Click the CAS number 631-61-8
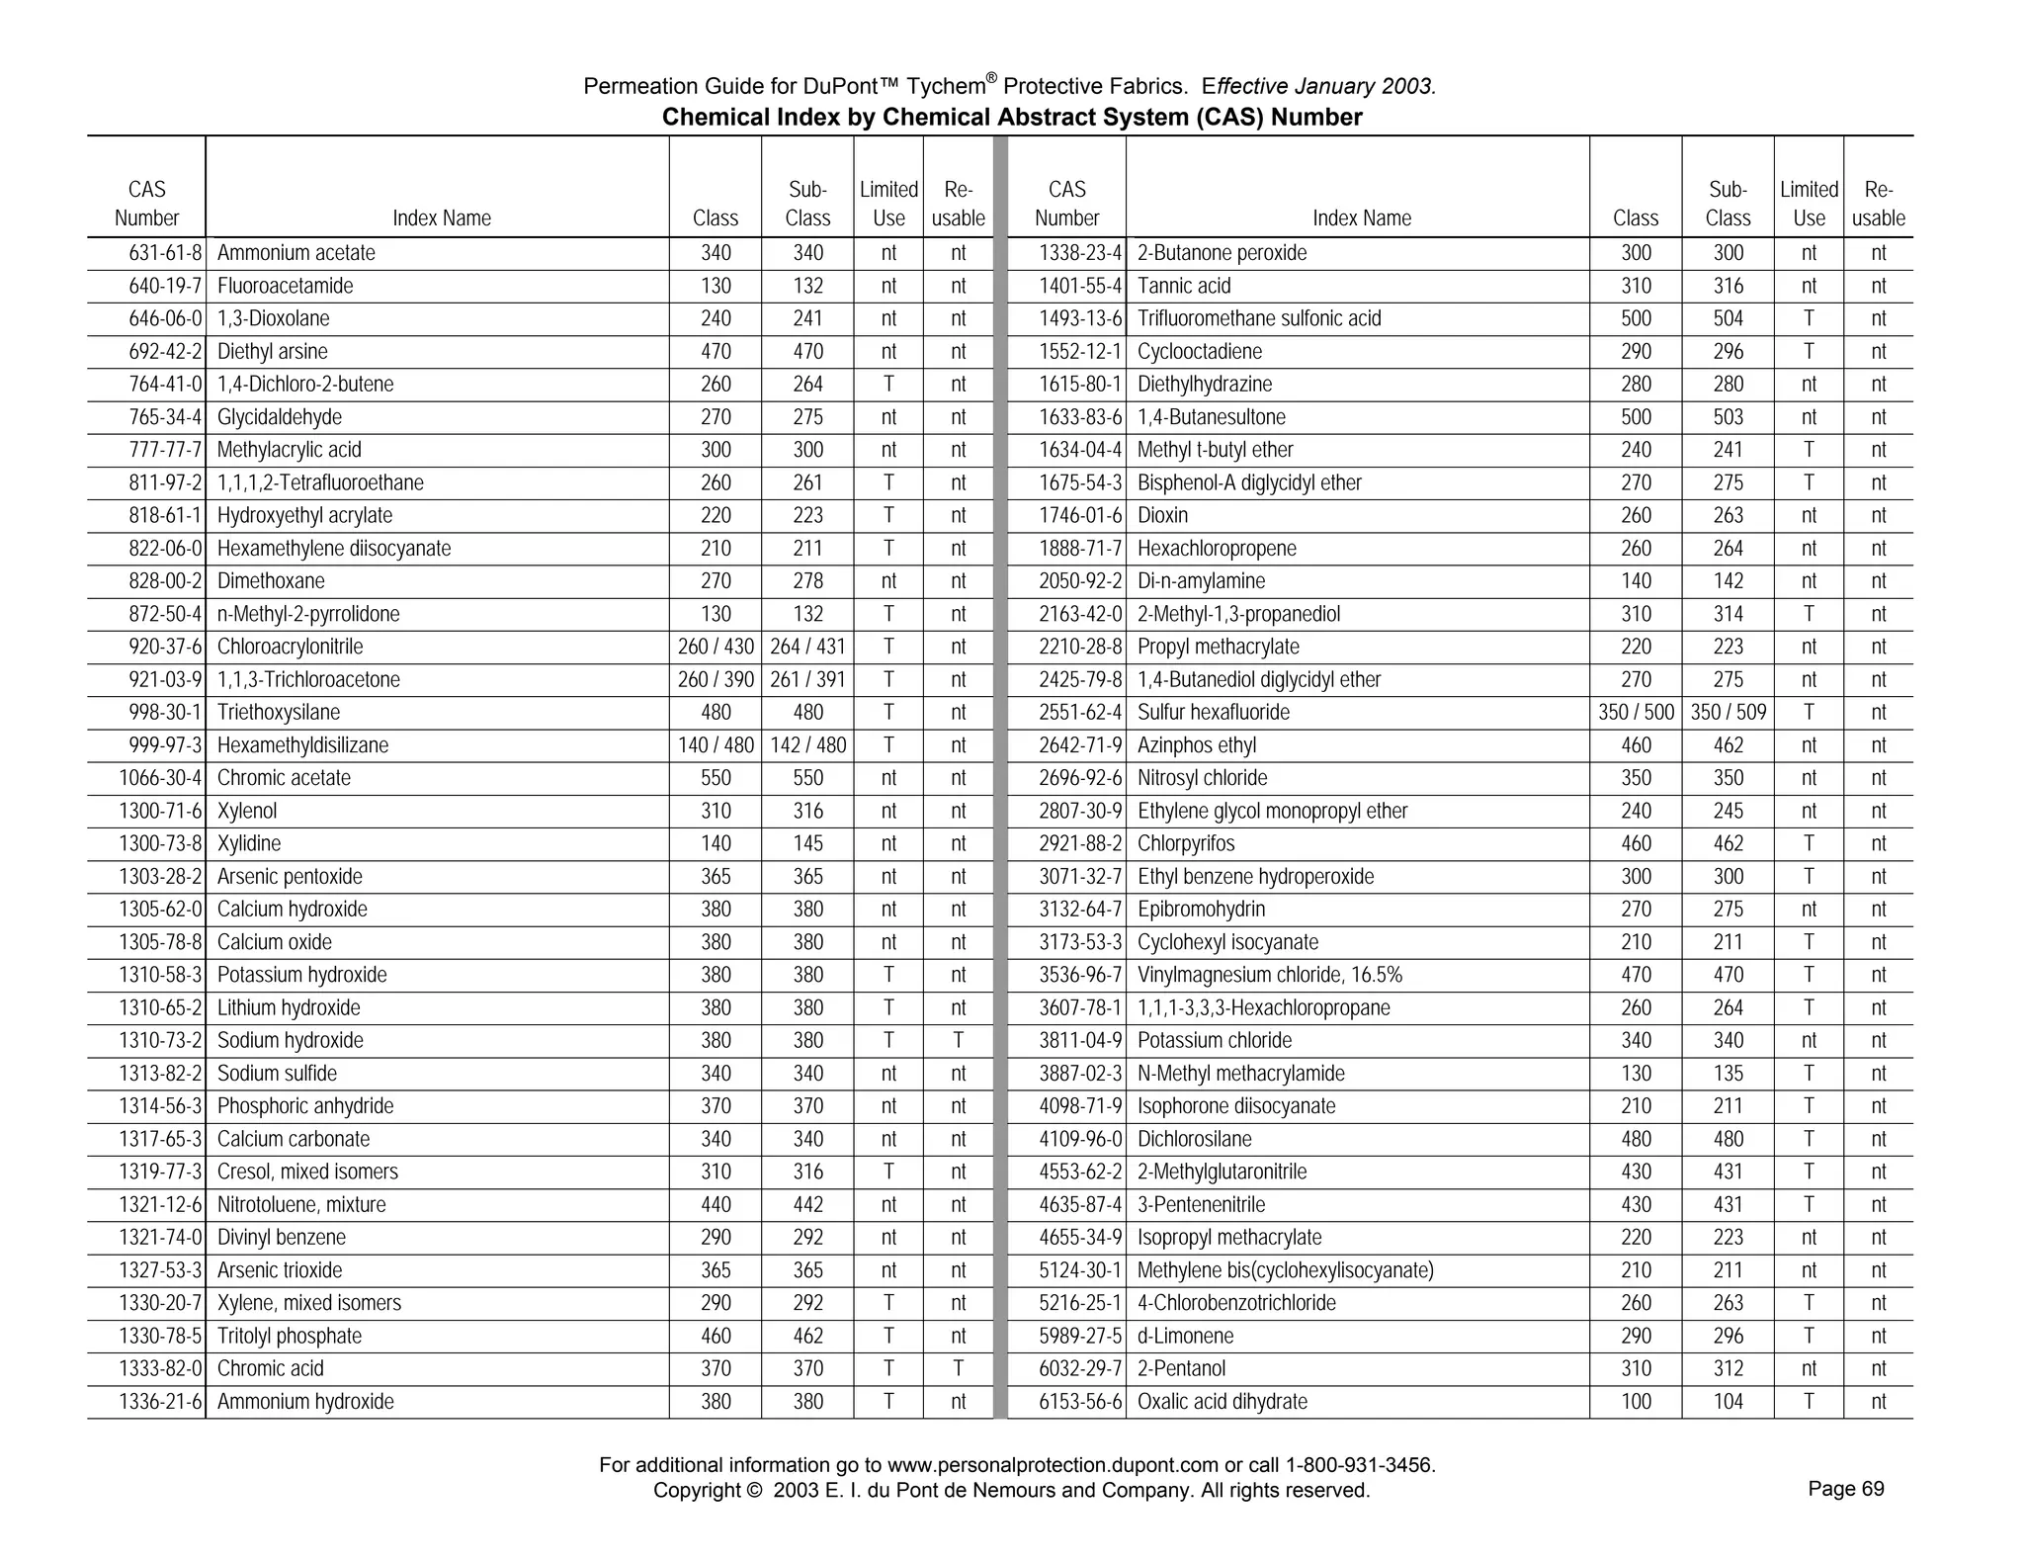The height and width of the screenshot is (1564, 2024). (x=165, y=253)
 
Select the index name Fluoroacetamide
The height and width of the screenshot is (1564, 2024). (x=285, y=287)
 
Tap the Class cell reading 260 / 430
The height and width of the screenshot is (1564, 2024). (x=716, y=648)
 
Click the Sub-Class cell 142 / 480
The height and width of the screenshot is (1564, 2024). (x=807, y=745)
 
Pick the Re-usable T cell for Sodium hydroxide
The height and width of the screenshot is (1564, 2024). (x=958, y=1041)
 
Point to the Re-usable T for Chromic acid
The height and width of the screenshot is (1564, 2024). (x=958, y=1369)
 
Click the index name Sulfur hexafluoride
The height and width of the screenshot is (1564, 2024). (x=1213, y=713)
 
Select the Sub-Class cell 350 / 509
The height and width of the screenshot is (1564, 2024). (x=1728, y=713)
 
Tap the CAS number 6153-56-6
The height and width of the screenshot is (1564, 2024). (x=1080, y=1402)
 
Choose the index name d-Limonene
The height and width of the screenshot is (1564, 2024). (x=1185, y=1337)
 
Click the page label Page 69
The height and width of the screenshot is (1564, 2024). (x=1845, y=1489)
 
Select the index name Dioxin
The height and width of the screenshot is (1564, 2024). (x=1162, y=516)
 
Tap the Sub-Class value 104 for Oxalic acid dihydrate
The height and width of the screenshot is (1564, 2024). (x=1728, y=1402)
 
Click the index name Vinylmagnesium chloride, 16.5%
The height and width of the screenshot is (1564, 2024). (x=1269, y=976)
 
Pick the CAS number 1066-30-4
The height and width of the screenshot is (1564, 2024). (x=160, y=778)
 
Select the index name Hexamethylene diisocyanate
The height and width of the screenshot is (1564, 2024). (x=333, y=549)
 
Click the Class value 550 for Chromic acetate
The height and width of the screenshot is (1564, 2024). (x=716, y=778)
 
